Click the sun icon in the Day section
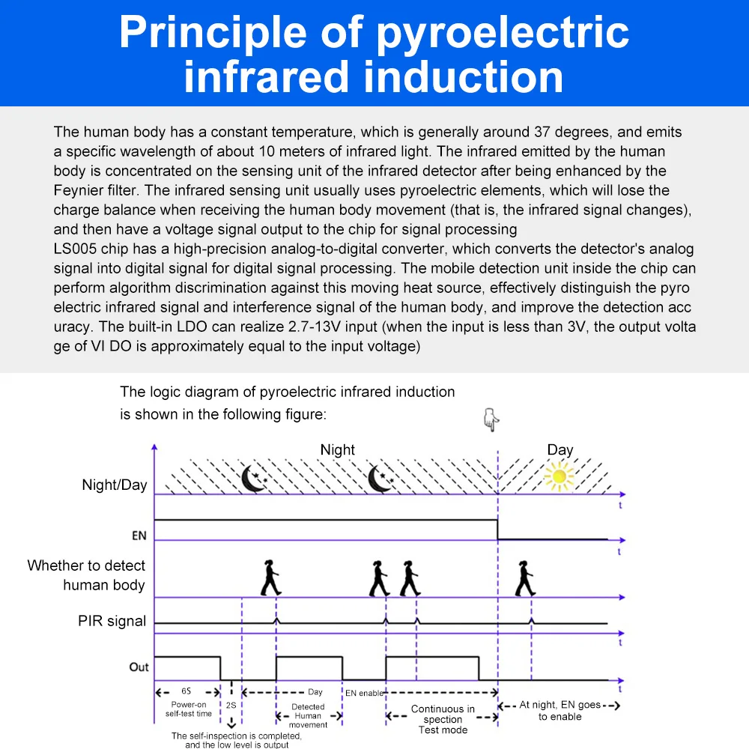(x=559, y=476)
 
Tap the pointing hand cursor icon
(x=491, y=420)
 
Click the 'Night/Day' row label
(x=115, y=485)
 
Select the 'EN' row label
(x=139, y=536)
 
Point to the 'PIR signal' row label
(x=112, y=621)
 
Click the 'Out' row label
(x=139, y=667)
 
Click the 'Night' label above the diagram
(x=337, y=449)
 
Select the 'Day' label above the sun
(x=560, y=449)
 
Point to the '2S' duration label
(x=231, y=706)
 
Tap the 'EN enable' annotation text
(x=364, y=694)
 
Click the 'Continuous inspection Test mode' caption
(x=443, y=719)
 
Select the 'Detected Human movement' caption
(x=308, y=715)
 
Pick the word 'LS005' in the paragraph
(x=75, y=249)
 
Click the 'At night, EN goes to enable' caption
(x=560, y=711)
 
